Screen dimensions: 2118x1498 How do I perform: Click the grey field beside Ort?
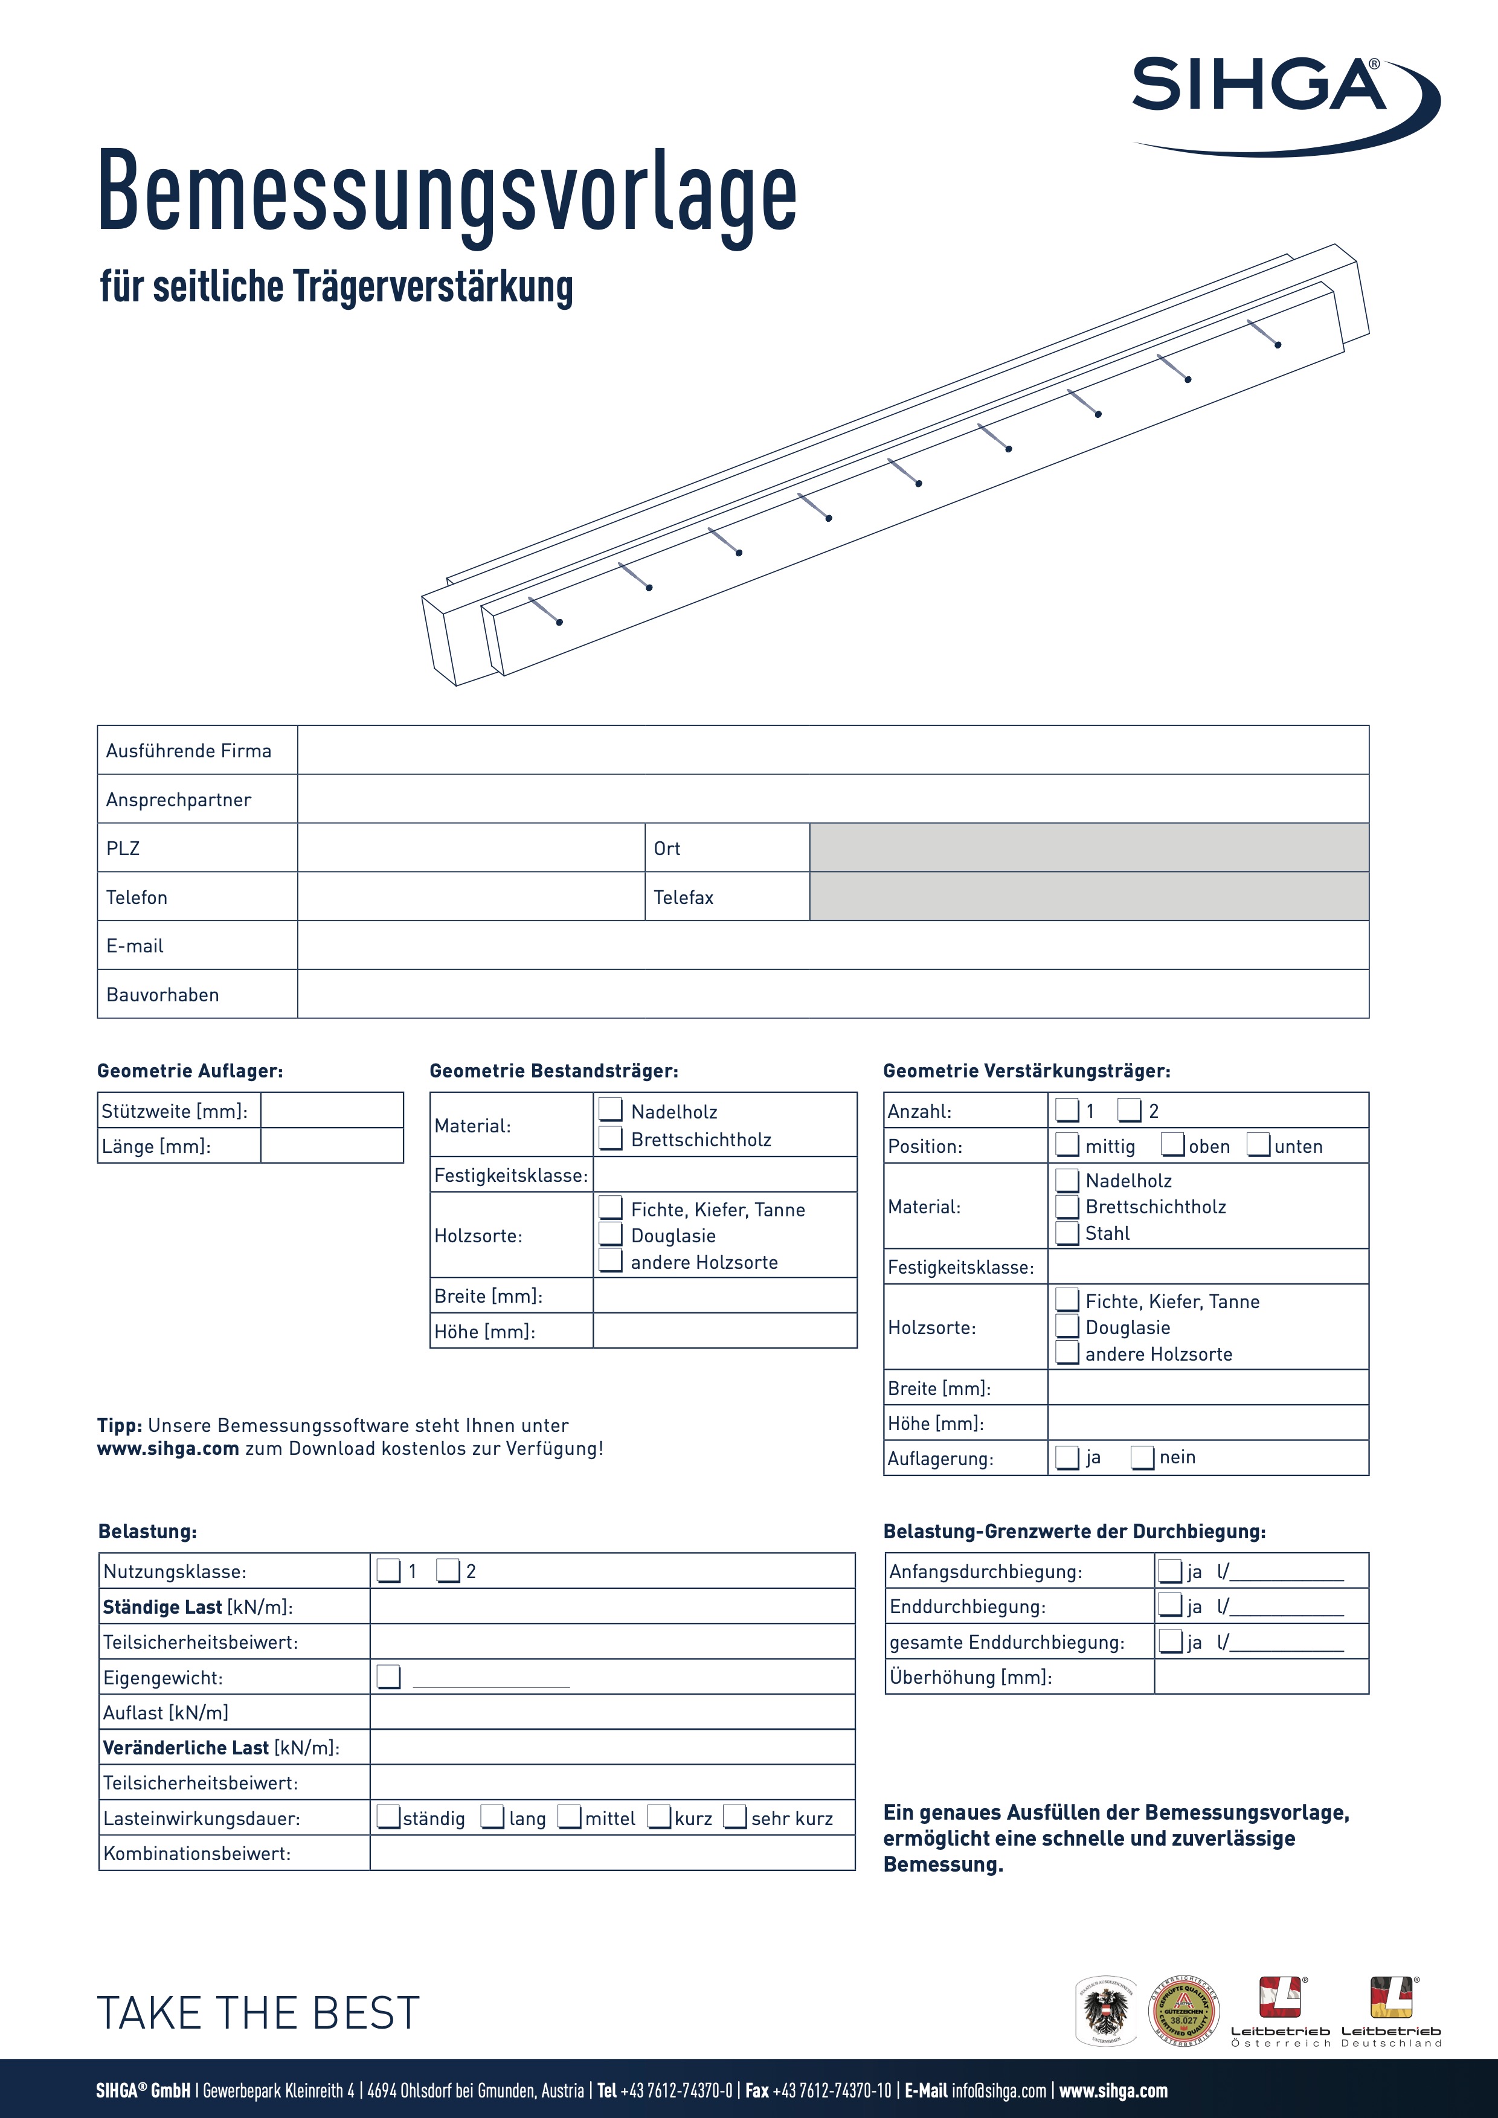[1088, 848]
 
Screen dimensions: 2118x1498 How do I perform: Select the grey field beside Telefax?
[1088, 897]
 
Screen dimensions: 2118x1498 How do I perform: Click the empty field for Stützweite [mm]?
[332, 1111]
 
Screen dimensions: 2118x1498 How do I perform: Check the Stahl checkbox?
[1067, 1233]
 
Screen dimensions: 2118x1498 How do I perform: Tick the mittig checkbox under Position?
[1067, 1145]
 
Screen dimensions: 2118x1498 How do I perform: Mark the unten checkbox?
[1259, 1145]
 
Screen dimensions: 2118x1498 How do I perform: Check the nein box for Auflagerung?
[1143, 1457]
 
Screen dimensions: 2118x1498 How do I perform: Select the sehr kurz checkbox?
[735, 1817]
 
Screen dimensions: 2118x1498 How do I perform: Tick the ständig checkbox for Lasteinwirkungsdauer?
[389, 1817]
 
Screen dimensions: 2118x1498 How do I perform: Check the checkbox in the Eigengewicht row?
[389, 1677]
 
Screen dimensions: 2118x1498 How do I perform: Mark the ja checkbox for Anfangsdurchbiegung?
[1171, 1571]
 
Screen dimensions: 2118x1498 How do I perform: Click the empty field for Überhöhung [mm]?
[1261, 1677]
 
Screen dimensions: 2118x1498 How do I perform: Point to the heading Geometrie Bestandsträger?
[553, 1071]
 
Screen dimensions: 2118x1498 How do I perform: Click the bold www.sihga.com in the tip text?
[168, 1448]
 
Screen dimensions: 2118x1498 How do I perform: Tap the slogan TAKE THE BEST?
[259, 2013]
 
